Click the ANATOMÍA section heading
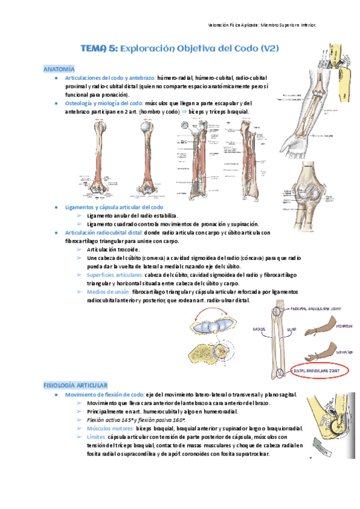pos(59,69)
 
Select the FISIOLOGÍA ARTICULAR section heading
pos(75,383)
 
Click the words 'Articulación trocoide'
pos(113,249)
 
